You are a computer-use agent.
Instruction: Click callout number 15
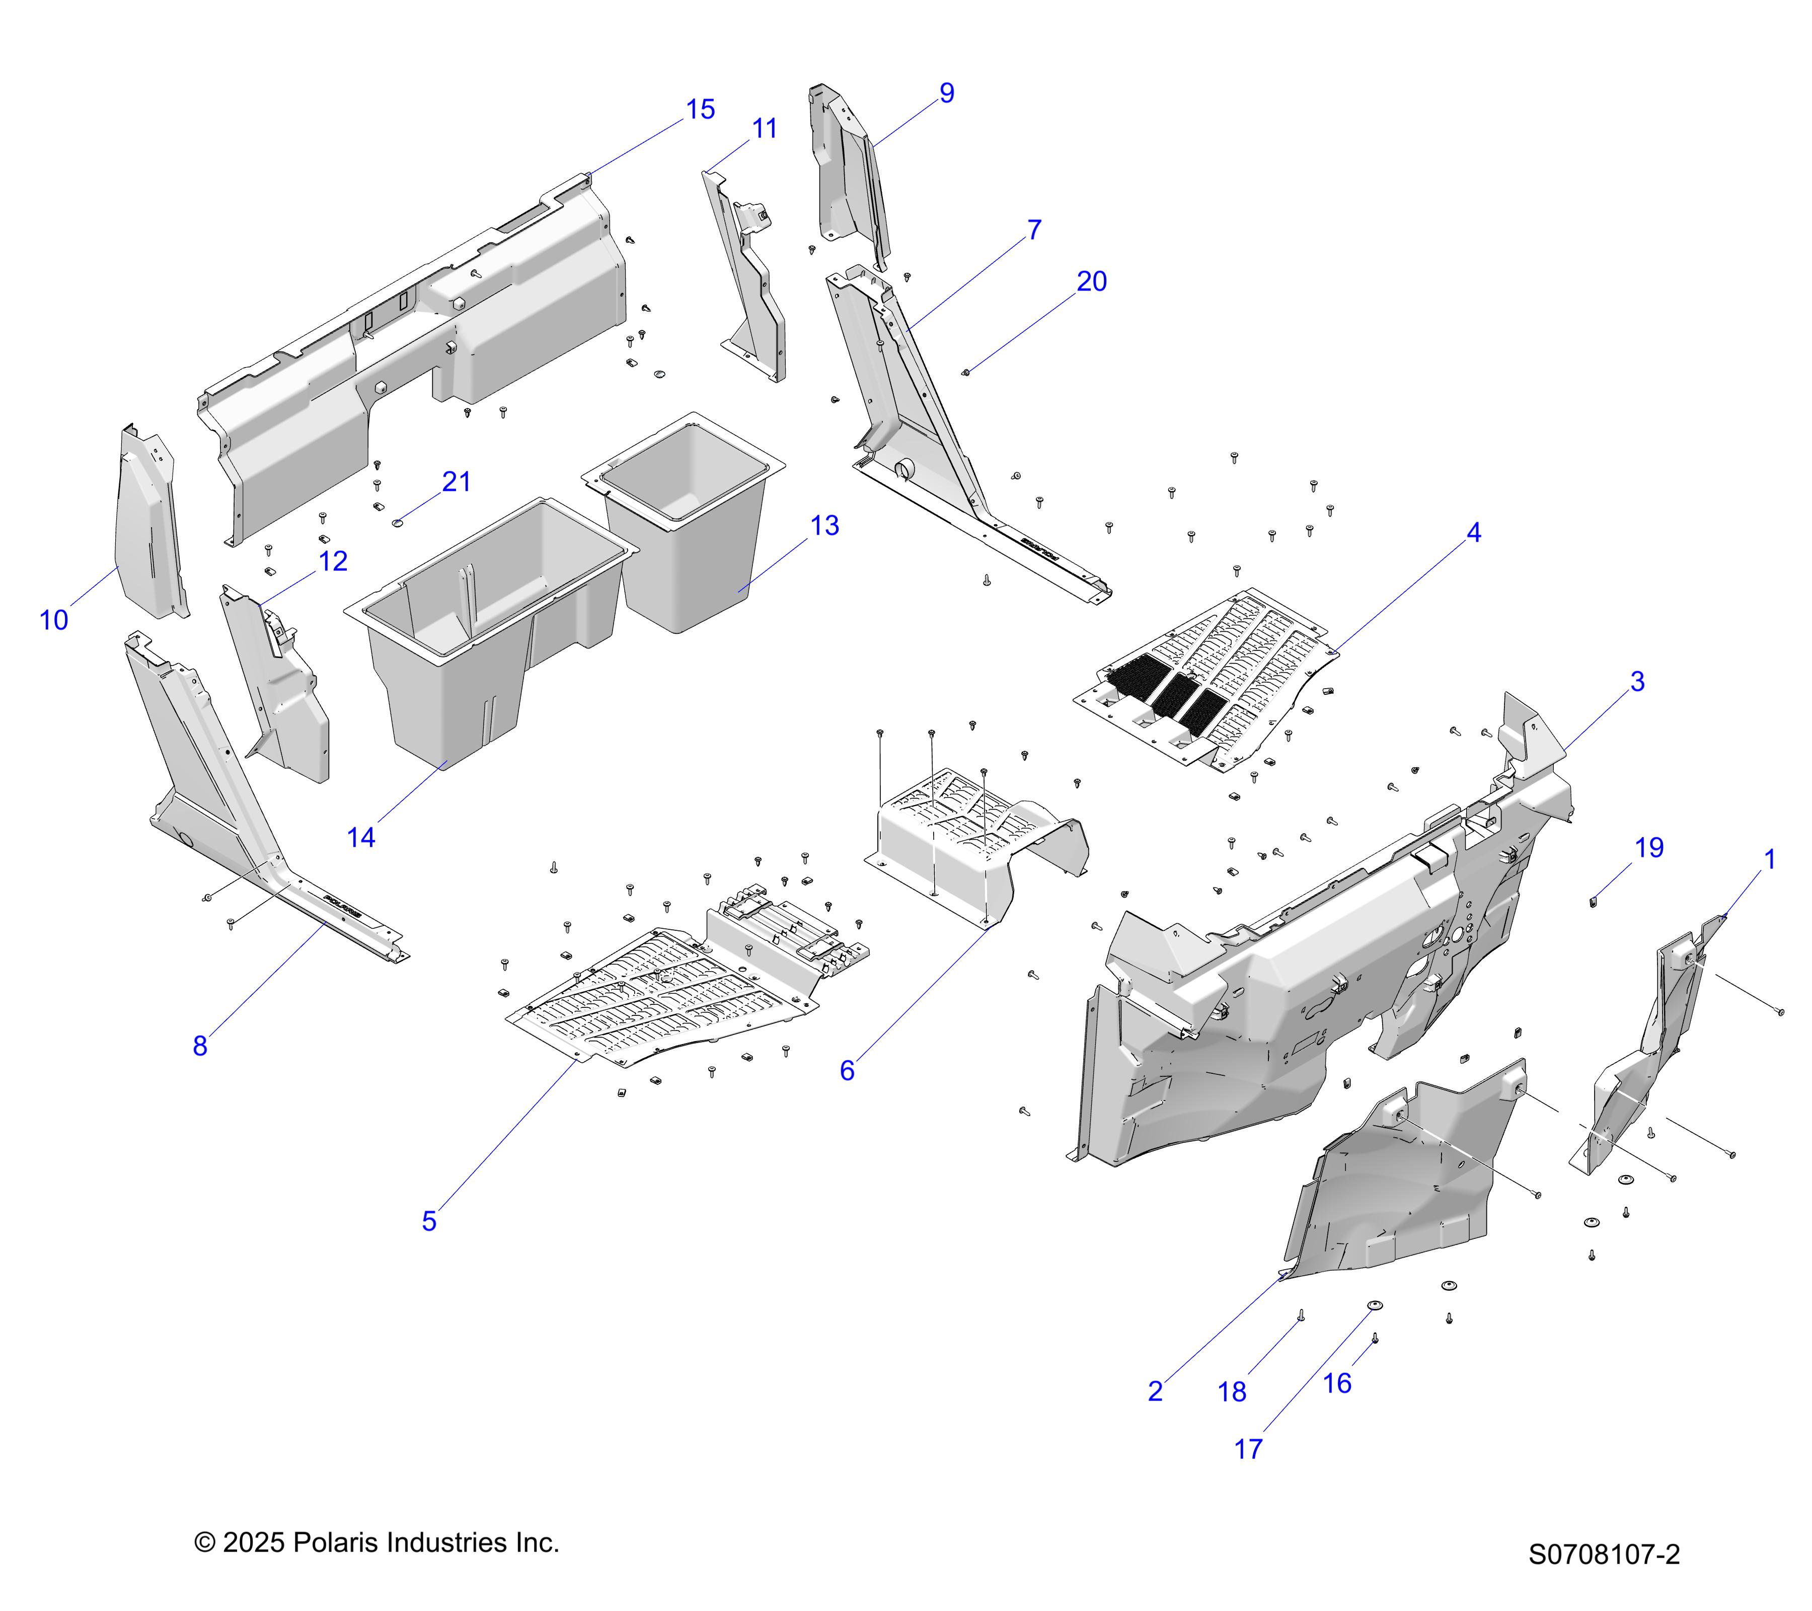[x=700, y=110]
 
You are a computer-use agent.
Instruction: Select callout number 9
[x=947, y=93]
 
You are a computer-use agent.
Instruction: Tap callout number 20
[x=1091, y=282]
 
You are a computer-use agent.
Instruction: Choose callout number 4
[x=1473, y=533]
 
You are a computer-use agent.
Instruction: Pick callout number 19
[x=1649, y=848]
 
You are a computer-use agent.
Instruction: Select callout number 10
[x=54, y=621]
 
